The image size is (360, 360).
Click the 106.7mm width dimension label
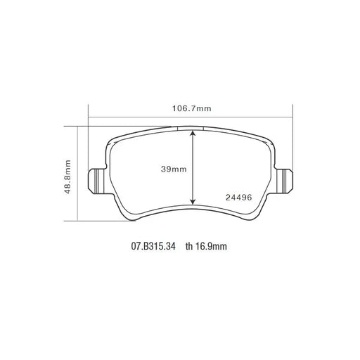[x=192, y=108]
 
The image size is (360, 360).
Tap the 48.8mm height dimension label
[x=67, y=176]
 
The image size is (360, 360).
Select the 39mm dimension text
[x=174, y=169]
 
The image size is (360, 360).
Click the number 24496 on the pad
[x=238, y=198]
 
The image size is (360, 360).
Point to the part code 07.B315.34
[x=153, y=246]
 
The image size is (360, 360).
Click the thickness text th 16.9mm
[x=206, y=246]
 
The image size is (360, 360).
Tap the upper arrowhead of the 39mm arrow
[x=193, y=134]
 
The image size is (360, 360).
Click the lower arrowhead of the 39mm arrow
[x=193, y=201]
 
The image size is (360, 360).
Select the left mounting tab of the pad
[x=96, y=181]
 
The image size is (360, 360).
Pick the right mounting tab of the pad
[x=284, y=181]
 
